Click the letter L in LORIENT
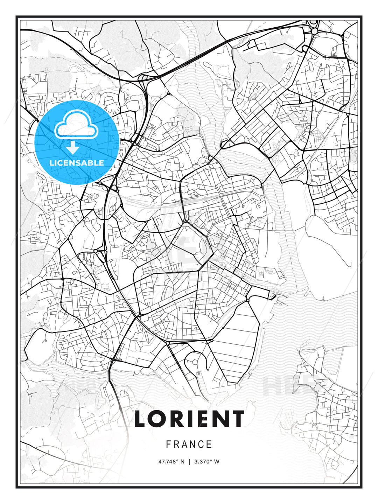[141, 419]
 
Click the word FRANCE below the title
[189, 444]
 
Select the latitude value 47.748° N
[171, 462]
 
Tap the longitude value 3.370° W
[207, 462]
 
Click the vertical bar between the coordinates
[189, 462]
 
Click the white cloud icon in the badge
[76, 125]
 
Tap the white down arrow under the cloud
[73, 147]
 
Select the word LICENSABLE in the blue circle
[77, 163]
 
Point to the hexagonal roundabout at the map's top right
[314, 31]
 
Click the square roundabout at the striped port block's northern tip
[248, 300]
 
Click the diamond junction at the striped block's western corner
[211, 340]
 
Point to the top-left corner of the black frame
[16, 16]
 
